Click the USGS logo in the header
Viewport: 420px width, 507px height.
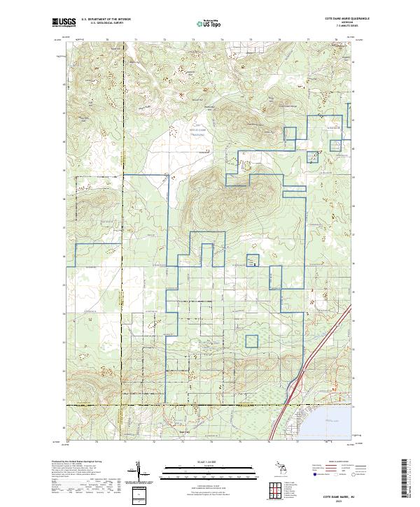(63, 23)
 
